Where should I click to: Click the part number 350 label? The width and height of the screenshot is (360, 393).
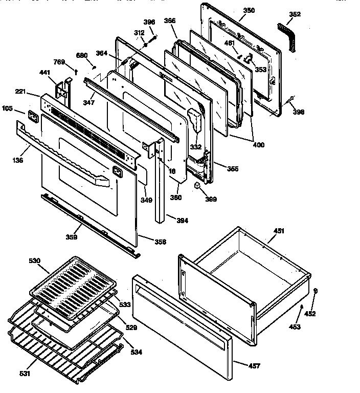point(234,10)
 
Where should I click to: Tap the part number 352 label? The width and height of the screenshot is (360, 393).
point(295,14)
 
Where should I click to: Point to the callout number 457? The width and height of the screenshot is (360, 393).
point(254,365)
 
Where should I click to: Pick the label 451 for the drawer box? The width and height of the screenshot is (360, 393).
point(278,231)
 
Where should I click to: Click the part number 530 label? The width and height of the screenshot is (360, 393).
point(34,261)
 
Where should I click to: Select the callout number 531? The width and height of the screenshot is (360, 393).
point(25,373)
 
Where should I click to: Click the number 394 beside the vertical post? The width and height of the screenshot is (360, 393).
point(182,221)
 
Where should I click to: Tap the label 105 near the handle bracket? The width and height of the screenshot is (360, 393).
point(8,108)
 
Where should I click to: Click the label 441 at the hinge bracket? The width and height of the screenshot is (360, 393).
point(46,74)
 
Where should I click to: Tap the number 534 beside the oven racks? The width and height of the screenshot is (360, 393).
point(136,352)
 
